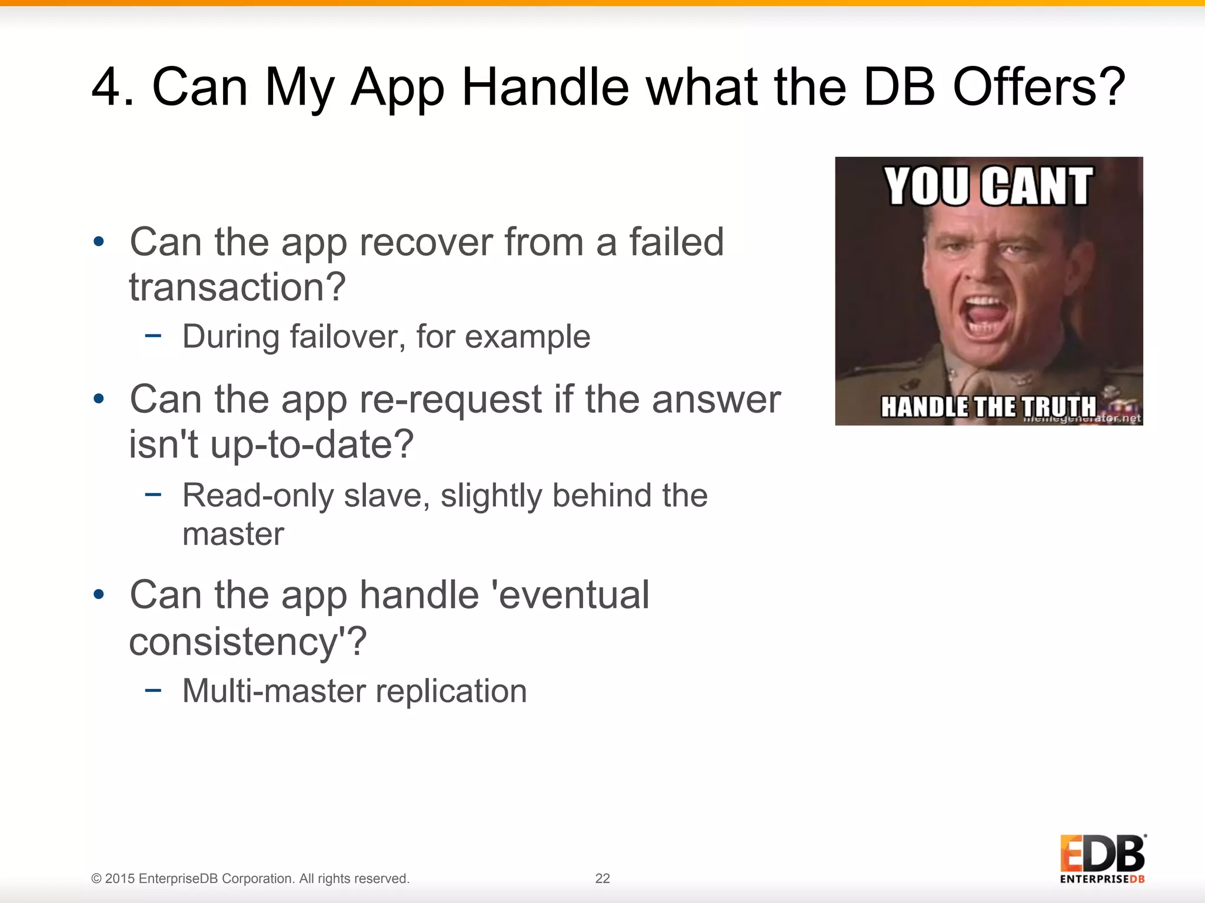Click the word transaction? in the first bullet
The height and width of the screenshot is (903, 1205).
pyautogui.click(x=237, y=287)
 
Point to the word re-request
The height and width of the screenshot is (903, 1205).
pyautogui.click(x=451, y=399)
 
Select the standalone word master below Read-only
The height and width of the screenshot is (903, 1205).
pyautogui.click(x=233, y=534)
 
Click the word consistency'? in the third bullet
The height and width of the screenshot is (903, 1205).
pyautogui.click(x=248, y=641)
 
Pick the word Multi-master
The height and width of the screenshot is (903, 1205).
pyautogui.click(x=274, y=691)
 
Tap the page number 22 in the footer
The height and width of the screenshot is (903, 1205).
pyautogui.click(x=602, y=878)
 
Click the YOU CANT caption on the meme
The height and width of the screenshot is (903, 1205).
pyautogui.click(x=988, y=187)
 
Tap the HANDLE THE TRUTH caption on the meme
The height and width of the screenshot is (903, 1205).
pyautogui.click(x=988, y=406)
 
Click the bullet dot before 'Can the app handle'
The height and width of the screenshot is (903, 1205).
pyautogui.click(x=99, y=594)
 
